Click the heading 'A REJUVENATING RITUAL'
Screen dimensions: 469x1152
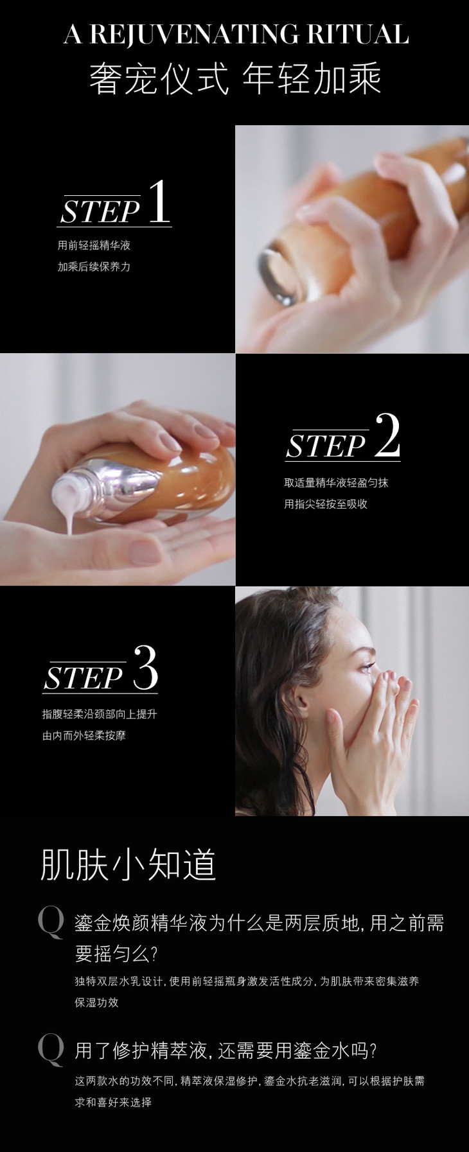pyautogui.click(x=236, y=34)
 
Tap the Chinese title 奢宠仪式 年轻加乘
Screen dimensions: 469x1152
pyautogui.click(x=235, y=80)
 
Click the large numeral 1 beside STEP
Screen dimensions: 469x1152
pyautogui.click(x=159, y=202)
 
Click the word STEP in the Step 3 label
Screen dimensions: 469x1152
pyautogui.click(x=84, y=678)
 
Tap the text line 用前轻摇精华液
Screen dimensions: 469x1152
pyautogui.click(x=94, y=245)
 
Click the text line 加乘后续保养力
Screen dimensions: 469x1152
pyautogui.click(x=94, y=266)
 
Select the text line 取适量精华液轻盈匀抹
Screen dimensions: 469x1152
pyautogui.click(x=336, y=483)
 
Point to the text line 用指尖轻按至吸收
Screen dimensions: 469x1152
pyautogui.click(x=326, y=504)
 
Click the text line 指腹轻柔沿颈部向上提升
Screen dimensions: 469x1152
pyautogui.click(x=100, y=714)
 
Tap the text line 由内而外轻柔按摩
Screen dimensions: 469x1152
pyautogui.click(x=84, y=735)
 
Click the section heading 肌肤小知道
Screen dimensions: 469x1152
pyautogui.click(x=128, y=864)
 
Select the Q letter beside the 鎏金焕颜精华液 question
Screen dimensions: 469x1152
pyautogui.click(x=51, y=923)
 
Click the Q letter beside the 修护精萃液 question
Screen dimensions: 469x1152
pyautogui.click(x=51, y=1050)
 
